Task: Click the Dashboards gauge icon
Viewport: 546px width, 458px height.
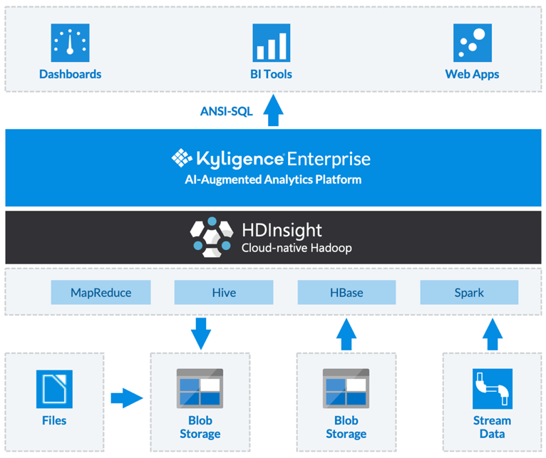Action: click(70, 43)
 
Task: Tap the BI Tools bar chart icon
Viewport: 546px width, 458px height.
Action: click(271, 43)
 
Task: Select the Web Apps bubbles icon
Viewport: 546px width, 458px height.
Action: click(472, 43)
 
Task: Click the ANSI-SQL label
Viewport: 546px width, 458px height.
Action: click(227, 111)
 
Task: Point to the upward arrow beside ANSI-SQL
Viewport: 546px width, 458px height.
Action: click(273, 112)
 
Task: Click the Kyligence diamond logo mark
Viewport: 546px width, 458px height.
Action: click(182, 157)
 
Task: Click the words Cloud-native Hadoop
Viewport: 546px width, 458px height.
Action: click(297, 249)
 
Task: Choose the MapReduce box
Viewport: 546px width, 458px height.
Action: click(101, 292)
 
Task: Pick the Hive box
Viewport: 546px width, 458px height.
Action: click(224, 292)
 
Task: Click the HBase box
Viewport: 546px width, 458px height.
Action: click(346, 292)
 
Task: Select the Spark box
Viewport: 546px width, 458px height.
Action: click(469, 292)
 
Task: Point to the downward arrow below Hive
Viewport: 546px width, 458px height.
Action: click(201, 332)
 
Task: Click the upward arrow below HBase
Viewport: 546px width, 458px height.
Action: click(346, 333)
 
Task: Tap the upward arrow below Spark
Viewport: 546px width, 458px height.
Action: click(493, 333)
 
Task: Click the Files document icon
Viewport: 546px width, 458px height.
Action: click(54, 389)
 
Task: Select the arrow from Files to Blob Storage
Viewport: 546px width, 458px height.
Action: click(127, 397)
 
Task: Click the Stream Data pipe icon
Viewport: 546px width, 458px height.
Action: click(492, 389)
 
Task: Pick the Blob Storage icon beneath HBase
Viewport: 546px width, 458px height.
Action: click(346, 389)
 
